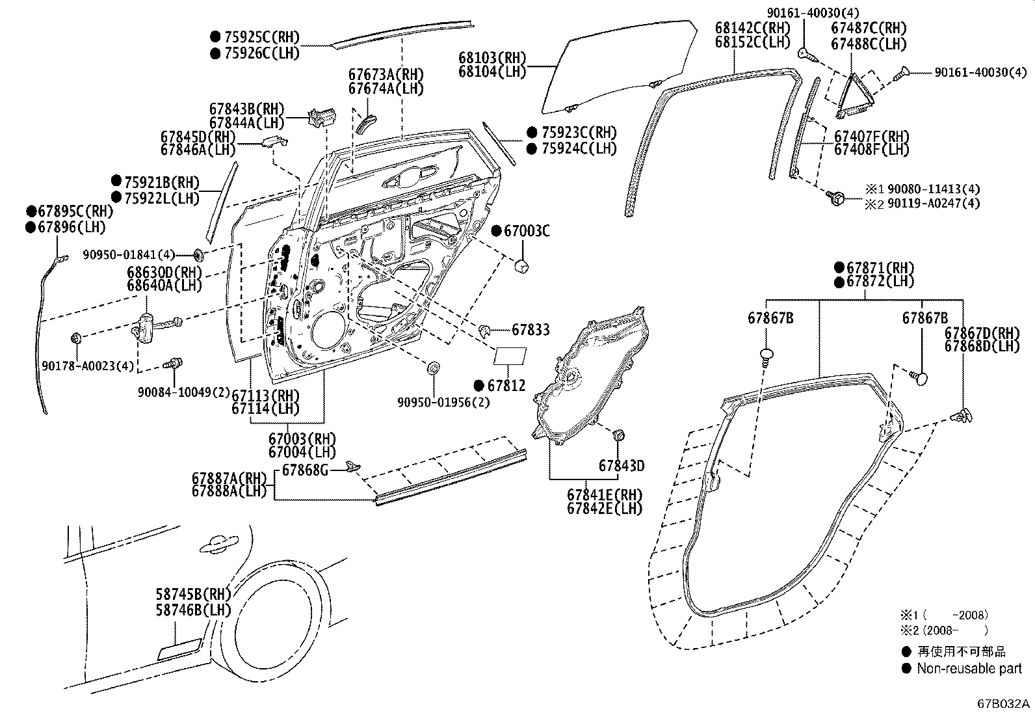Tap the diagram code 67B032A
point(1004,703)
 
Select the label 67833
point(530,330)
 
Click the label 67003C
point(527,230)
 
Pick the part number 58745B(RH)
point(193,593)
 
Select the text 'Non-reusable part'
point(969,668)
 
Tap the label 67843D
point(622,466)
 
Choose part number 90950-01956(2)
point(444,402)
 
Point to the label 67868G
point(305,470)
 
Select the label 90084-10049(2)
point(183,392)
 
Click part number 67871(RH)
point(882,267)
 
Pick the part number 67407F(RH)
point(871,137)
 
